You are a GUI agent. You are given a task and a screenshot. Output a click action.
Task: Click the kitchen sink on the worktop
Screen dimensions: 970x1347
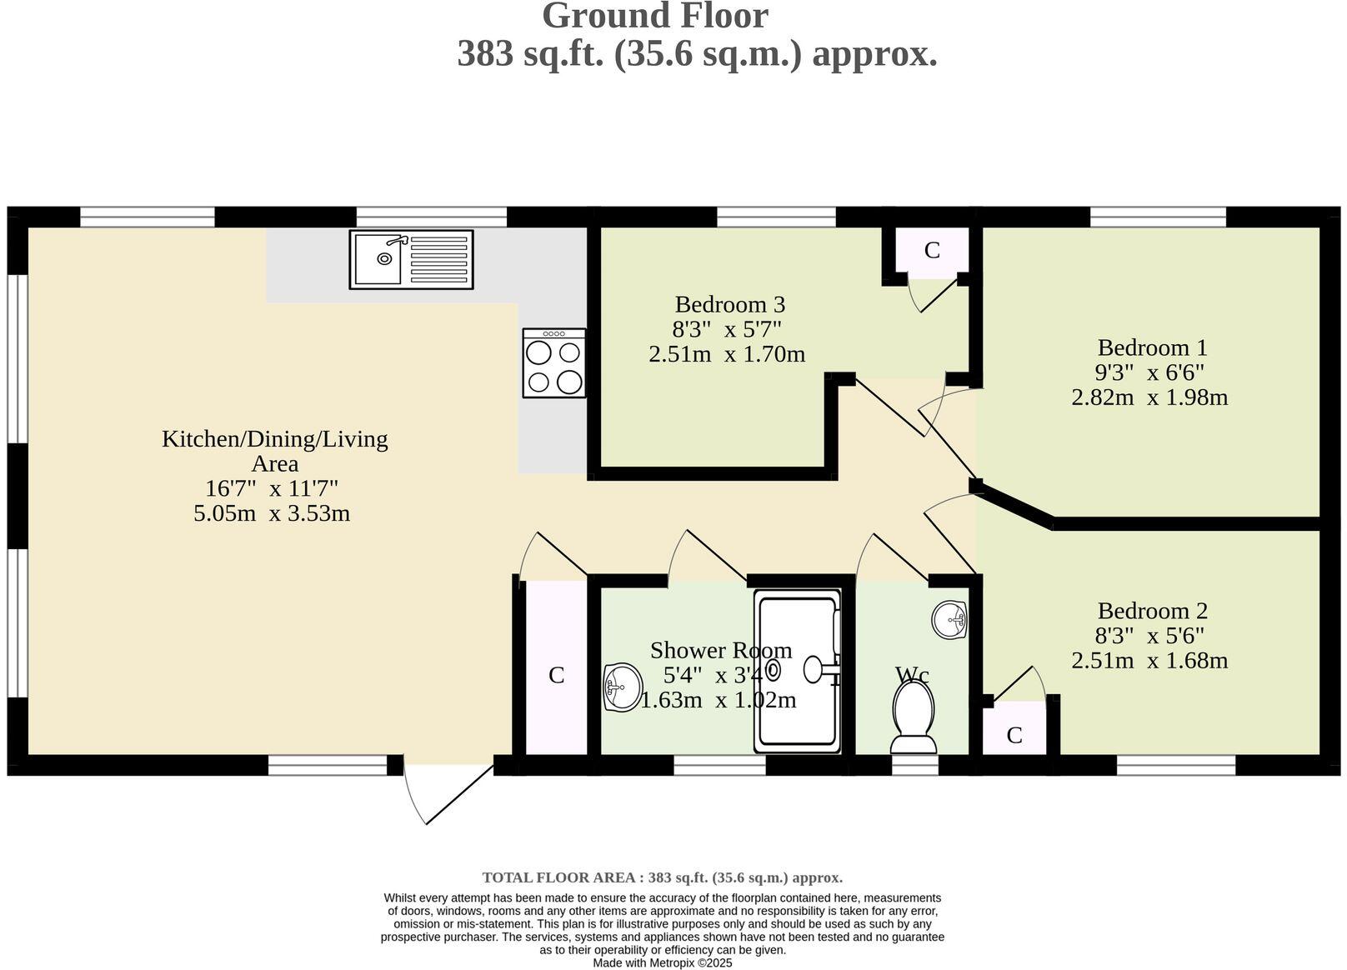pos(411,260)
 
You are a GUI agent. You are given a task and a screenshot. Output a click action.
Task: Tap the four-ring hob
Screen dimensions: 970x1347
pos(554,363)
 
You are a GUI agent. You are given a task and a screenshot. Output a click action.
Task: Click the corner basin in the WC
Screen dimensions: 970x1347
pos(950,619)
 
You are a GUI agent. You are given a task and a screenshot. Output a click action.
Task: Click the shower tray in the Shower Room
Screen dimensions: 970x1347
pos(799,671)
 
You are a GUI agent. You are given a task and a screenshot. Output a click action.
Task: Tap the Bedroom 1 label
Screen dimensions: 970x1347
pos(1152,347)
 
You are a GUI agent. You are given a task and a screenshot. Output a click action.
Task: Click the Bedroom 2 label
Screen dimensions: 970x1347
pos(1152,611)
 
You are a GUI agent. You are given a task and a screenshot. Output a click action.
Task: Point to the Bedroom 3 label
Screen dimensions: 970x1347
pos(729,304)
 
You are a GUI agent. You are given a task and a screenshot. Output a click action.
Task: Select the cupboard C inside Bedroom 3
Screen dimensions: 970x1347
pos(932,250)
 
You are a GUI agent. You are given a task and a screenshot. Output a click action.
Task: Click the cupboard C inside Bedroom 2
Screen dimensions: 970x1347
pos(1014,735)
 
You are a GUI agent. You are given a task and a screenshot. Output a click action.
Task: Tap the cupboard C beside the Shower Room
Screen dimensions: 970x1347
pos(556,675)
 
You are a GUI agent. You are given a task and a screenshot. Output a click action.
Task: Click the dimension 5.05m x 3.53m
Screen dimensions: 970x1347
pos(272,513)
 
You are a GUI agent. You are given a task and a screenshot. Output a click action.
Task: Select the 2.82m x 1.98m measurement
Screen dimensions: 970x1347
pos(1149,397)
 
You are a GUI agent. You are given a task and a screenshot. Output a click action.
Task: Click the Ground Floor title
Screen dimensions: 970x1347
pos(654,17)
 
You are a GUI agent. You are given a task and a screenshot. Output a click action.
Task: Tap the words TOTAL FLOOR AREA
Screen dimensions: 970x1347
pos(562,877)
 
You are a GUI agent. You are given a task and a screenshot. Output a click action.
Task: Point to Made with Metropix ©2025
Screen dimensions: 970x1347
pos(662,962)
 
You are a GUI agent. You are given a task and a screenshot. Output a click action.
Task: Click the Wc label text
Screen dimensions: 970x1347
pos(912,674)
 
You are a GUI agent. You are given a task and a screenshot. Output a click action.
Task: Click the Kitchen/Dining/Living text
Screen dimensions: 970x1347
pos(274,439)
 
